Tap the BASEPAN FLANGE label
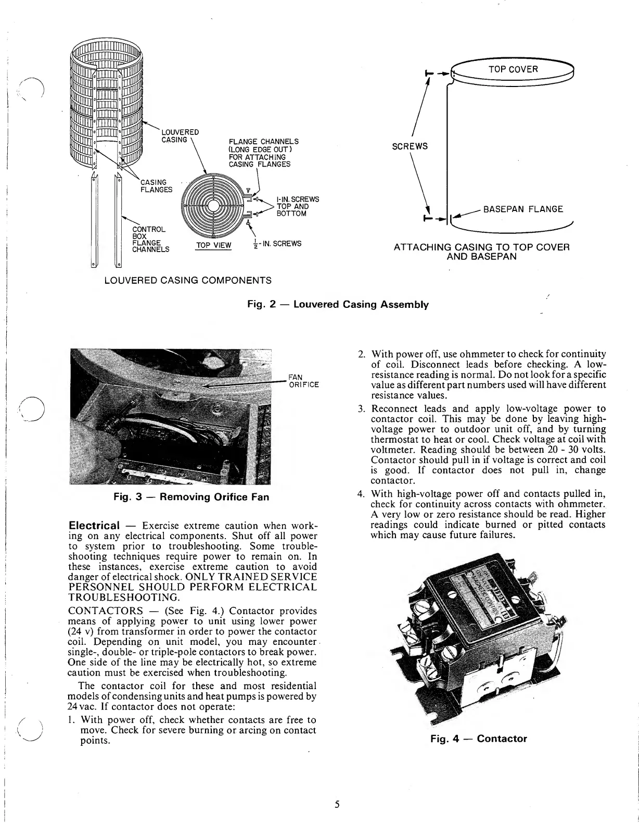[x=523, y=209]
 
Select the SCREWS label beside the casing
[x=410, y=146]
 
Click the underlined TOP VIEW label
[x=213, y=245]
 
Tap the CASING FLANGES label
[x=156, y=186]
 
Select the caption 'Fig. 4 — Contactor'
[x=478, y=739]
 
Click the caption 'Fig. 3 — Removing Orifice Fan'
[x=191, y=497]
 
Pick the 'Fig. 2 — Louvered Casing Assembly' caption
[x=338, y=304]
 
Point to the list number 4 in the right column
[x=360, y=494]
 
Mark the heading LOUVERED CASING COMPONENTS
[x=188, y=281]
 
